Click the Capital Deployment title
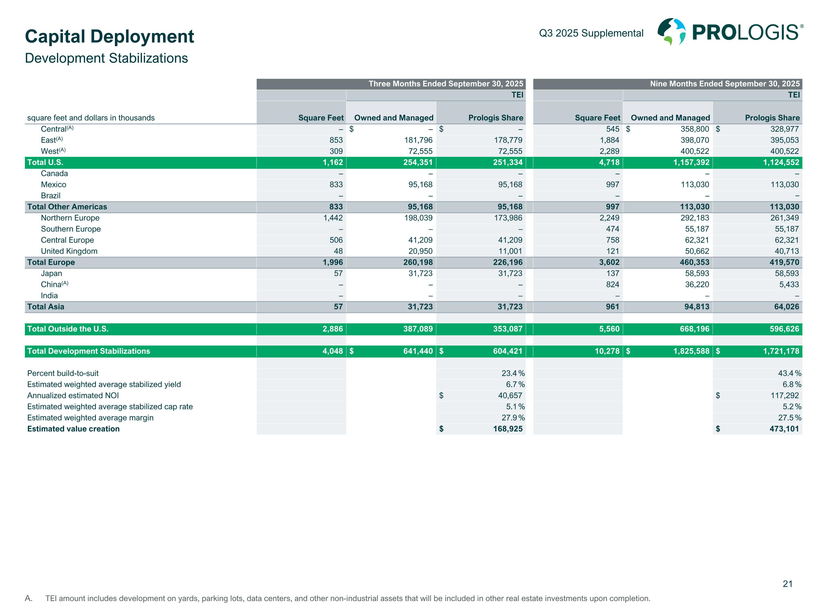(109, 37)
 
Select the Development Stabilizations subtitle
(106, 58)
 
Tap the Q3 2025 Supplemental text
(591, 33)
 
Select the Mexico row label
(53, 184)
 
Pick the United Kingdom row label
(69, 251)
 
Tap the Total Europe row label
(51, 262)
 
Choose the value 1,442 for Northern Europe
(333, 218)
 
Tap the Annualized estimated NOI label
(73, 396)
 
